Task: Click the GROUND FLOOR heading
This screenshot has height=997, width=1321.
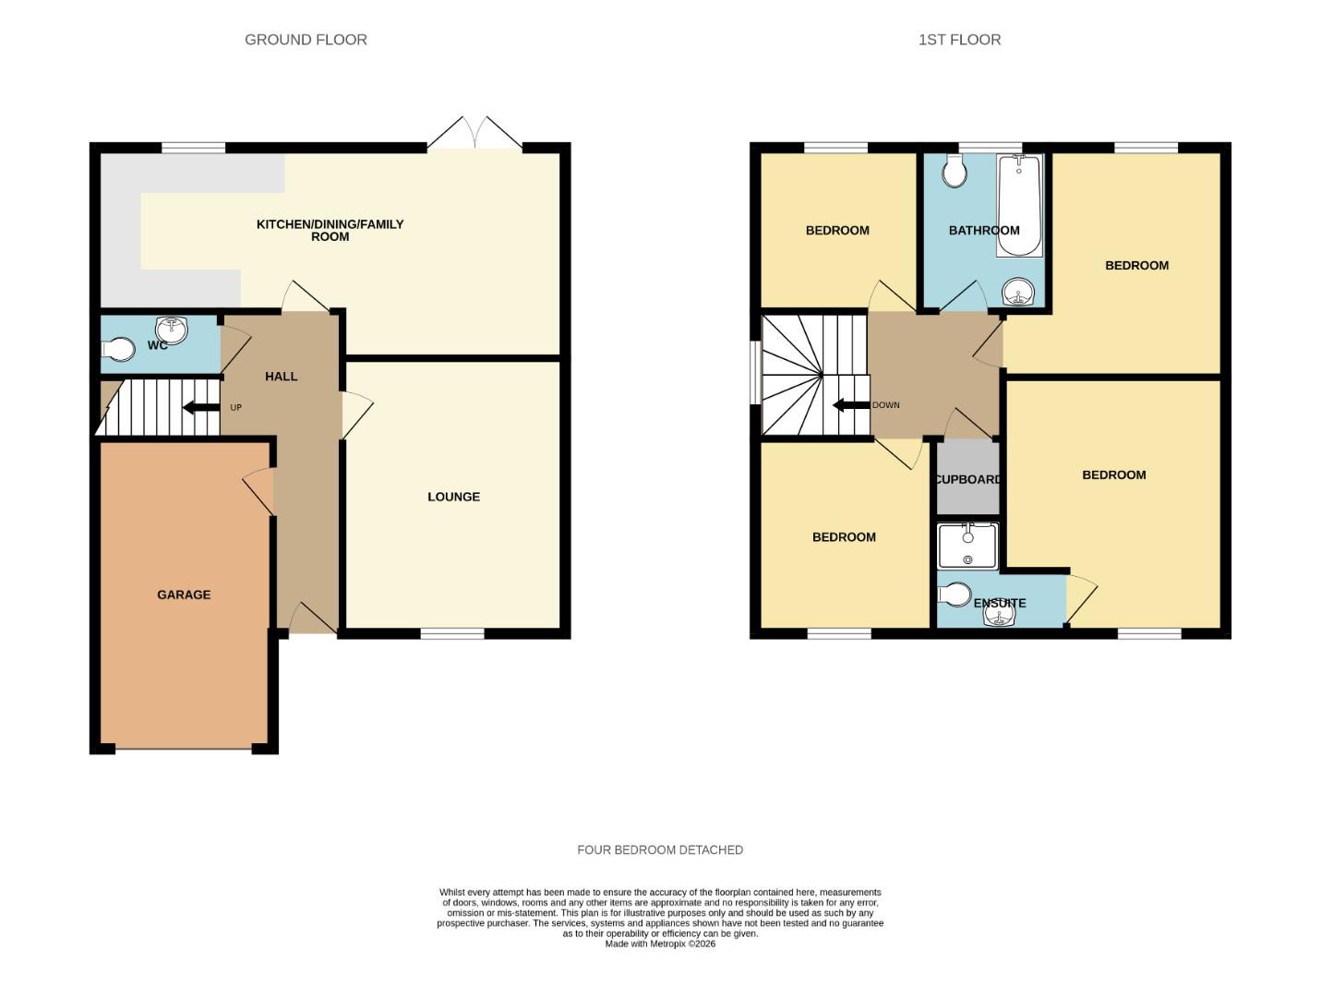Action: (x=306, y=40)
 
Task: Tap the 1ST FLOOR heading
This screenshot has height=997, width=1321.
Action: (x=959, y=40)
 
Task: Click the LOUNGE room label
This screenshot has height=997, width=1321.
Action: (x=453, y=497)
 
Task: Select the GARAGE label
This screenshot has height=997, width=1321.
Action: (x=184, y=595)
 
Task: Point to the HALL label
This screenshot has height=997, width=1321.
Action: (x=282, y=377)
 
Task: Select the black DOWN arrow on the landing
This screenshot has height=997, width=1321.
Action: (x=850, y=405)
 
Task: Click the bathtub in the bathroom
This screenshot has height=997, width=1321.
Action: (x=1019, y=205)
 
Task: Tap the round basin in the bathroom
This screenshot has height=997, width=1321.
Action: (x=1019, y=294)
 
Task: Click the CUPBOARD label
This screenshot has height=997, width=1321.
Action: (x=968, y=479)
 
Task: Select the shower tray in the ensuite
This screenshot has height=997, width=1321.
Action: (x=967, y=547)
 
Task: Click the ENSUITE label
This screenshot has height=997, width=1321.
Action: (x=1000, y=603)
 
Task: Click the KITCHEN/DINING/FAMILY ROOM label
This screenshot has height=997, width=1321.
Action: (x=330, y=230)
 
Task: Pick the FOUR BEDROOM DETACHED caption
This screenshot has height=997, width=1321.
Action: (x=660, y=849)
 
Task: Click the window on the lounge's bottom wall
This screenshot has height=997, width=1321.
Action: (x=452, y=633)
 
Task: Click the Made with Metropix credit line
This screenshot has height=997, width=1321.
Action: (x=660, y=943)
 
